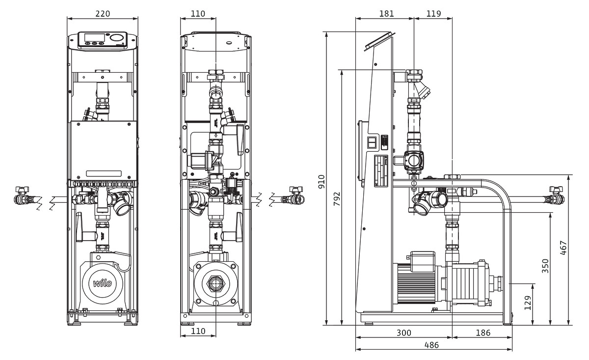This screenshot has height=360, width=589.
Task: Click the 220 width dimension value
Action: tap(102, 13)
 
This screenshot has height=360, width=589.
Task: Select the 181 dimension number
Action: tap(386, 13)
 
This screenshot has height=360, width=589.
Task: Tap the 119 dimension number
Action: tap(434, 13)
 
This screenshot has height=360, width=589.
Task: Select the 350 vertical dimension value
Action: tap(545, 265)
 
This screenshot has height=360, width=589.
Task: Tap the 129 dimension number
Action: tap(528, 304)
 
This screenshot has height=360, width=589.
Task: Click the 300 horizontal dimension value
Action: tap(403, 332)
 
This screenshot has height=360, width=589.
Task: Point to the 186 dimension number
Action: tap(483, 332)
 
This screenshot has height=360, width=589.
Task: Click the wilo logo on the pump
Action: tap(103, 283)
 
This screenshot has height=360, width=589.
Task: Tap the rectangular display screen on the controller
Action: tap(94, 37)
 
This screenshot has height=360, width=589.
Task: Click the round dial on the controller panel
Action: tap(117, 38)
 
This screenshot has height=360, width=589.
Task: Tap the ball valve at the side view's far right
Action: tap(556, 197)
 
